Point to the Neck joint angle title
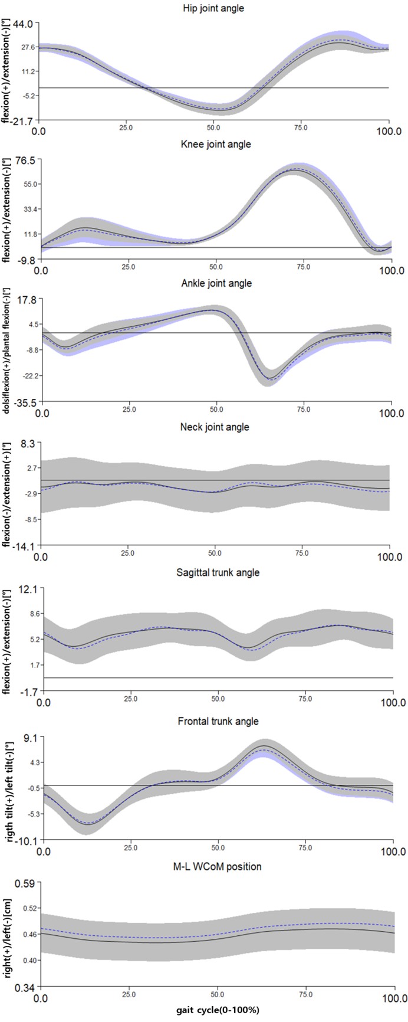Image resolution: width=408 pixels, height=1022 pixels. coord(215,427)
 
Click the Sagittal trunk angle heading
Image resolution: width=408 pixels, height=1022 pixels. coord(215,572)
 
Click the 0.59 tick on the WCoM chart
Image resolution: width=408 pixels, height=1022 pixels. coord(28,883)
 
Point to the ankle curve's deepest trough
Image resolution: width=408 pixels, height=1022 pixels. coord(271,379)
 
